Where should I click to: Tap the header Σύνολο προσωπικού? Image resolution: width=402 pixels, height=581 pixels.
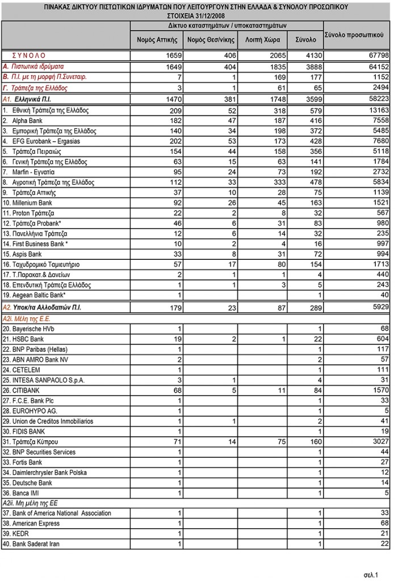pyautogui.click(x=357, y=35)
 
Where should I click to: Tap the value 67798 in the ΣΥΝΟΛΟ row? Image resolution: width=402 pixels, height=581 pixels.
pyautogui.click(x=378, y=56)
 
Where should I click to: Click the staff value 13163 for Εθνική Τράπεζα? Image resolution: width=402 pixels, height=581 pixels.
pyautogui.click(x=378, y=111)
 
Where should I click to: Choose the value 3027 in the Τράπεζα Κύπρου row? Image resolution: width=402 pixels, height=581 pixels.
pyautogui.click(x=379, y=441)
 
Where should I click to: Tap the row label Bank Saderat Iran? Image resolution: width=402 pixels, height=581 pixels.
pyautogui.click(x=30, y=544)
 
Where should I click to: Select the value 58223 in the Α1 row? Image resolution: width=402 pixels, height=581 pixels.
pyautogui.click(x=378, y=99)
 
